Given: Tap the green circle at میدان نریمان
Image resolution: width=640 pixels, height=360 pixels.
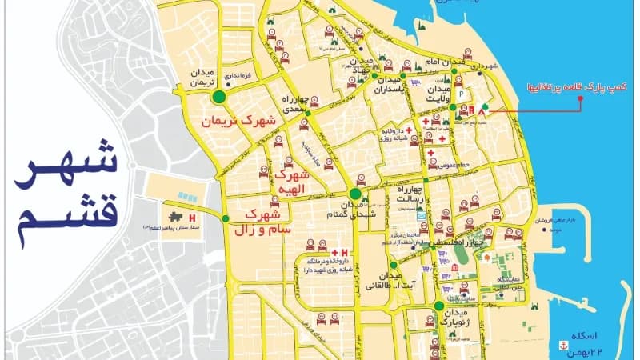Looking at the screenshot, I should [x=218, y=98].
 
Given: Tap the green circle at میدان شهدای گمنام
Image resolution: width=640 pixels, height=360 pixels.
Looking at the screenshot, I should [x=355, y=193].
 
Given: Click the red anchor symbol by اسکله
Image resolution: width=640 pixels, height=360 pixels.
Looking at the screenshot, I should [x=560, y=346].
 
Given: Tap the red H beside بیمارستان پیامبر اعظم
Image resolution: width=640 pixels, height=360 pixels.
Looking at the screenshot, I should [x=193, y=218].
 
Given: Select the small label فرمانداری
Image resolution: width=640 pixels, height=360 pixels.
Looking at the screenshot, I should [x=238, y=77].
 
